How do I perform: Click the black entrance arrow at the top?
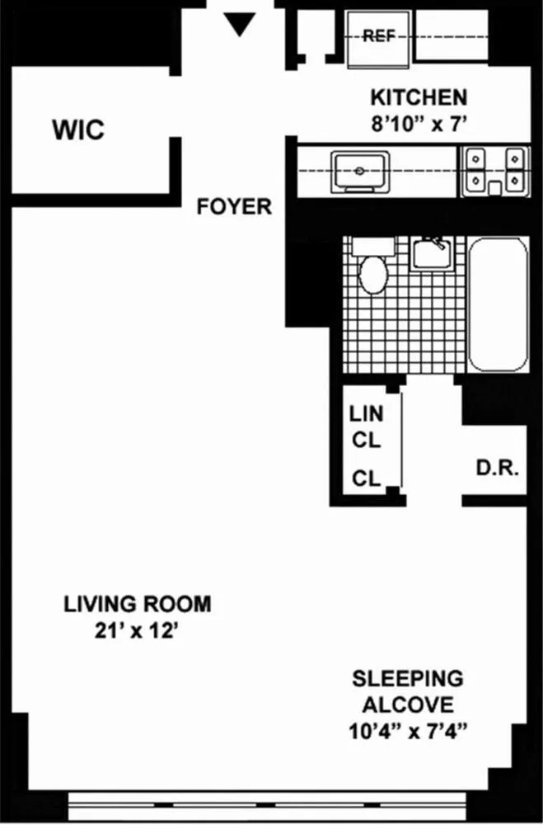[240, 26]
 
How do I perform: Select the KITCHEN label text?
[419, 97]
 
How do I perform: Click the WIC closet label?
[78, 130]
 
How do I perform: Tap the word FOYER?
[234, 207]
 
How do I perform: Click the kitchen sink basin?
[360, 171]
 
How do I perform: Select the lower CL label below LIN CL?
[367, 478]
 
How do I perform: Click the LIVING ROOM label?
[138, 604]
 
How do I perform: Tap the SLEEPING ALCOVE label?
[407, 692]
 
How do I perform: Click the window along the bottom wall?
[297, 803]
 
